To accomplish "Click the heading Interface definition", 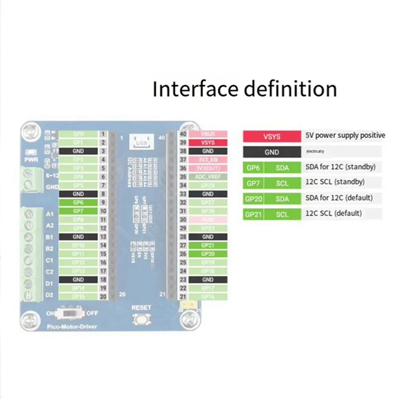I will (x=244, y=89).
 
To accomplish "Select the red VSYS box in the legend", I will (x=272, y=136).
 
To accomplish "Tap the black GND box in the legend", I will (x=272, y=152).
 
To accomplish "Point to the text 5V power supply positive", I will (x=345, y=136).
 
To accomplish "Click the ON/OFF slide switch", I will (x=71, y=315).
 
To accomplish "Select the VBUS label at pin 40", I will (x=208, y=134).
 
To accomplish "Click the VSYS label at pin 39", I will (x=208, y=143).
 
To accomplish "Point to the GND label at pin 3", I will (x=78, y=151).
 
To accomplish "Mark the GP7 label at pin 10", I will (x=78, y=211).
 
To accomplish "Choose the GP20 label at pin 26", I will (x=208, y=254).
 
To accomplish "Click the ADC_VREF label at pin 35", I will (x=208, y=177).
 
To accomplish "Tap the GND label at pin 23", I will (x=208, y=279).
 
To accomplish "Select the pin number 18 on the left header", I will (x=103, y=279).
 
